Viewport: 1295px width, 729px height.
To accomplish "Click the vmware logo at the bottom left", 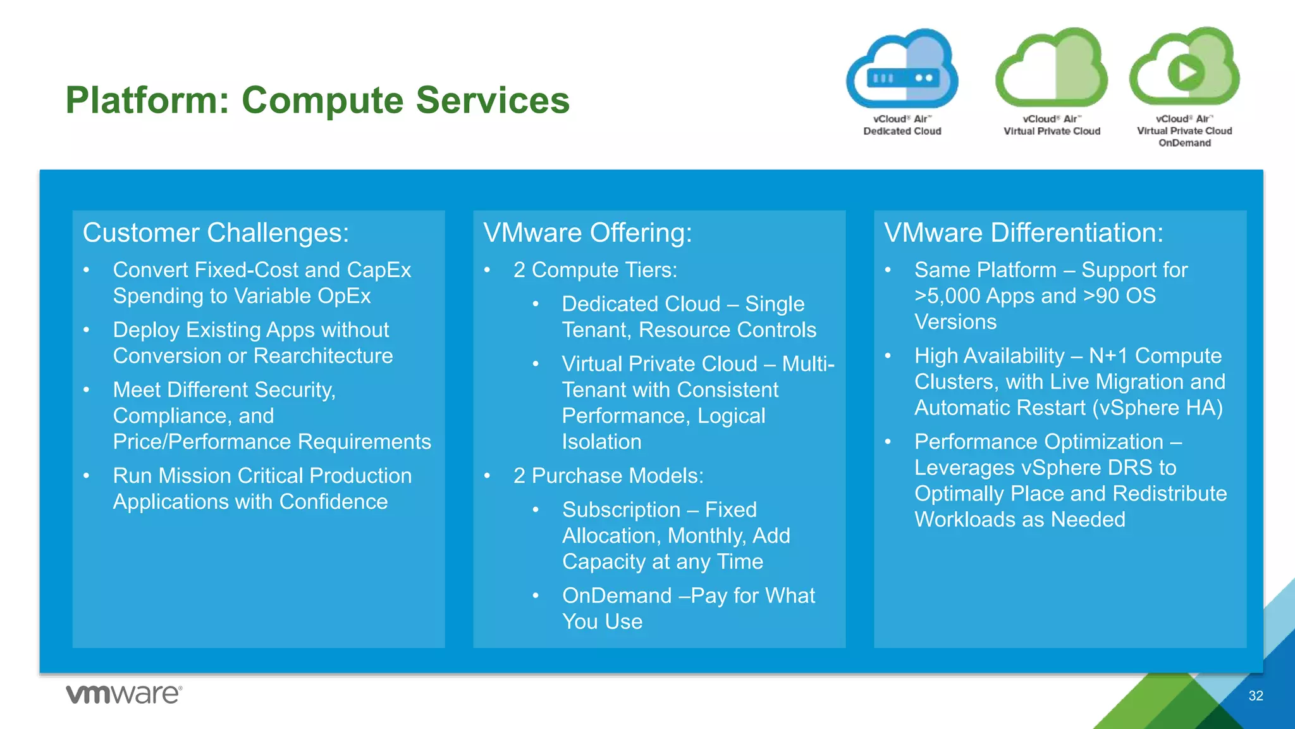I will pyautogui.click(x=124, y=694).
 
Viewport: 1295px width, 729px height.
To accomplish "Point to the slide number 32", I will pyautogui.click(x=1255, y=696).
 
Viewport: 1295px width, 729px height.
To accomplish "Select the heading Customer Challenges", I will pyautogui.click(x=216, y=233).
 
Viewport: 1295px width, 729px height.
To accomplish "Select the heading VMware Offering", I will pyautogui.click(x=587, y=233).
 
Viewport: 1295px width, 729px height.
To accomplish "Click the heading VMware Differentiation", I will pyautogui.click(x=1023, y=233).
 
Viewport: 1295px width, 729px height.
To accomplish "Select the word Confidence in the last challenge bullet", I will pyautogui.click(x=333, y=502).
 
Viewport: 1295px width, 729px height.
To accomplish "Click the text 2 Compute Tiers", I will pyautogui.click(x=594, y=270).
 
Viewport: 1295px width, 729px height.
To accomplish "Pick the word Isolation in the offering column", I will pyautogui.click(x=601, y=442).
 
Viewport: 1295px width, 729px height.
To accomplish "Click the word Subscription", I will pyautogui.click(x=621, y=510).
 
